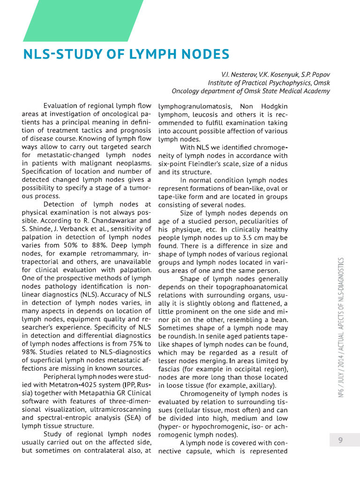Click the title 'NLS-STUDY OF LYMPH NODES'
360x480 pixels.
126,54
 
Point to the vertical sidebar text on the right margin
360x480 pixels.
341,328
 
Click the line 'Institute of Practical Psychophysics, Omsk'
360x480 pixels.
269,82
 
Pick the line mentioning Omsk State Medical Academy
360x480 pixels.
251,91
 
